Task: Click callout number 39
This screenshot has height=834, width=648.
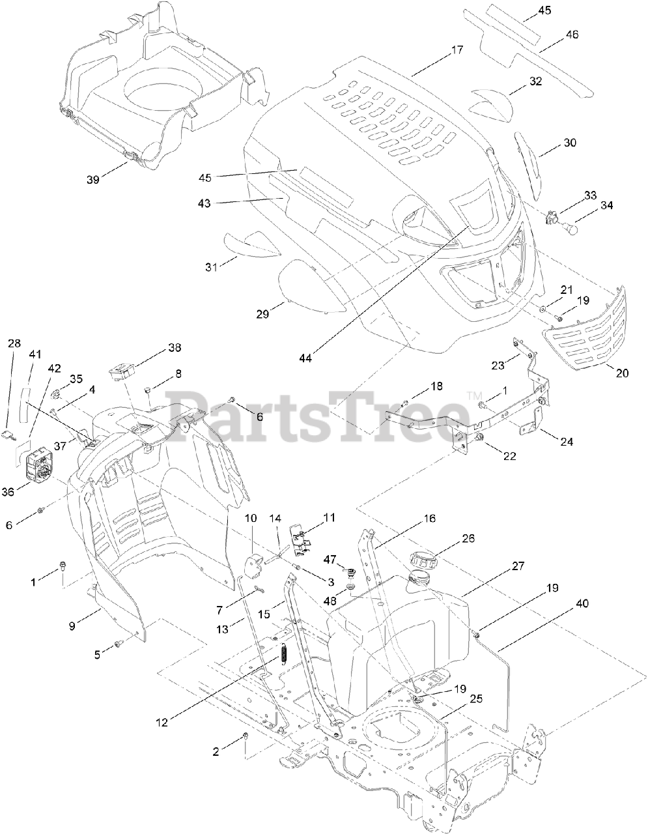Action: click(92, 180)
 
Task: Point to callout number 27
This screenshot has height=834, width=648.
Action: click(518, 566)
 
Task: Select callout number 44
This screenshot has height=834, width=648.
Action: click(305, 358)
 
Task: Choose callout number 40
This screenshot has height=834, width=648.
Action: click(581, 603)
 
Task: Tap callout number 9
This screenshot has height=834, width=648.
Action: click(72, 625)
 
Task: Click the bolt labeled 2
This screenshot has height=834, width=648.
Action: click(246, 736)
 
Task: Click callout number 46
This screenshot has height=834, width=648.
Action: click(572, 34)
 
